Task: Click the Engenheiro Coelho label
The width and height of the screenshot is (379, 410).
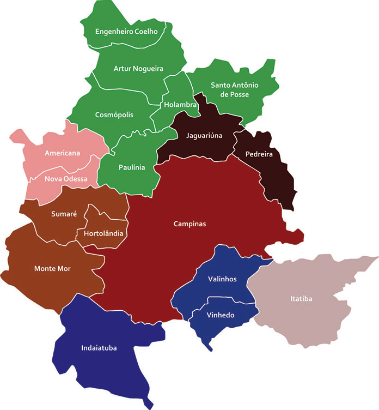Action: point(126,32)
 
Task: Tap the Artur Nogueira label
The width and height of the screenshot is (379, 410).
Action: point(138,69)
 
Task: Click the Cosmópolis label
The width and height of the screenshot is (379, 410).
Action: point(114,115)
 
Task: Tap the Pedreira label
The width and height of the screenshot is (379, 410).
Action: point(258,154)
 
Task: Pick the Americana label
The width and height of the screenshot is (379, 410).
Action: point(63,153)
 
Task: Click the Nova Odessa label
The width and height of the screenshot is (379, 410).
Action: point(66,179)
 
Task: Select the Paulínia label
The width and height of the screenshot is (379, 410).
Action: point(132,167)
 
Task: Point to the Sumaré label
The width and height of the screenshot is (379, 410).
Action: point(64,214)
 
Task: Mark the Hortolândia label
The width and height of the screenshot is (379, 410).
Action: point(103,233)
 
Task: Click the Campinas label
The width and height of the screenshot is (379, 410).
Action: point(190,224)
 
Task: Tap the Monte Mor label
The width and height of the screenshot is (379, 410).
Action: point(52,268)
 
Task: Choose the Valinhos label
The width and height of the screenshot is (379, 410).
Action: point(222,279)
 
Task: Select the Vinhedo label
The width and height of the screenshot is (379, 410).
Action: point(221,315)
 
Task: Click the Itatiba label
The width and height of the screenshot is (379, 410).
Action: point(301,298)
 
